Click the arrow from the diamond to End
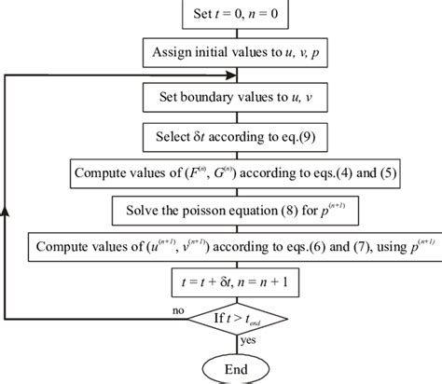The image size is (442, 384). tap(235, 343)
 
